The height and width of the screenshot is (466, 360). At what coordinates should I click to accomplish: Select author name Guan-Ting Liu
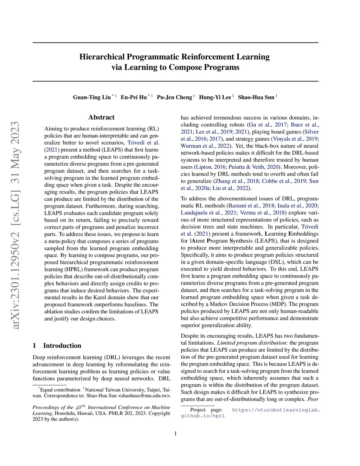tap(92, 97)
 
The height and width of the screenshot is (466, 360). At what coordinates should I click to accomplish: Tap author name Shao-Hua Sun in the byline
tap(256, 97)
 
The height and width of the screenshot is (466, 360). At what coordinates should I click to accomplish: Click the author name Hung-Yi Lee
tap(215, 97)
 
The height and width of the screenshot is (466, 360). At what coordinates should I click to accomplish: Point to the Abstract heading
tap(101, 117)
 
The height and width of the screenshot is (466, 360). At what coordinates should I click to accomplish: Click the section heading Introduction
tap(62, 346)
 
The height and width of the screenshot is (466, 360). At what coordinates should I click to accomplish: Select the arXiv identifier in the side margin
tap(15, 225)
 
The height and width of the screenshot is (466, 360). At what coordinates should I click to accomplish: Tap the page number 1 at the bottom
tap(175, 434)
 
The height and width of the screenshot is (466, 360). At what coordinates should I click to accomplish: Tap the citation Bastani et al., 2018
tap(252, 206)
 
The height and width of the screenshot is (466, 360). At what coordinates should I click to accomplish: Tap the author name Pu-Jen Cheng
tap(174, 97)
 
